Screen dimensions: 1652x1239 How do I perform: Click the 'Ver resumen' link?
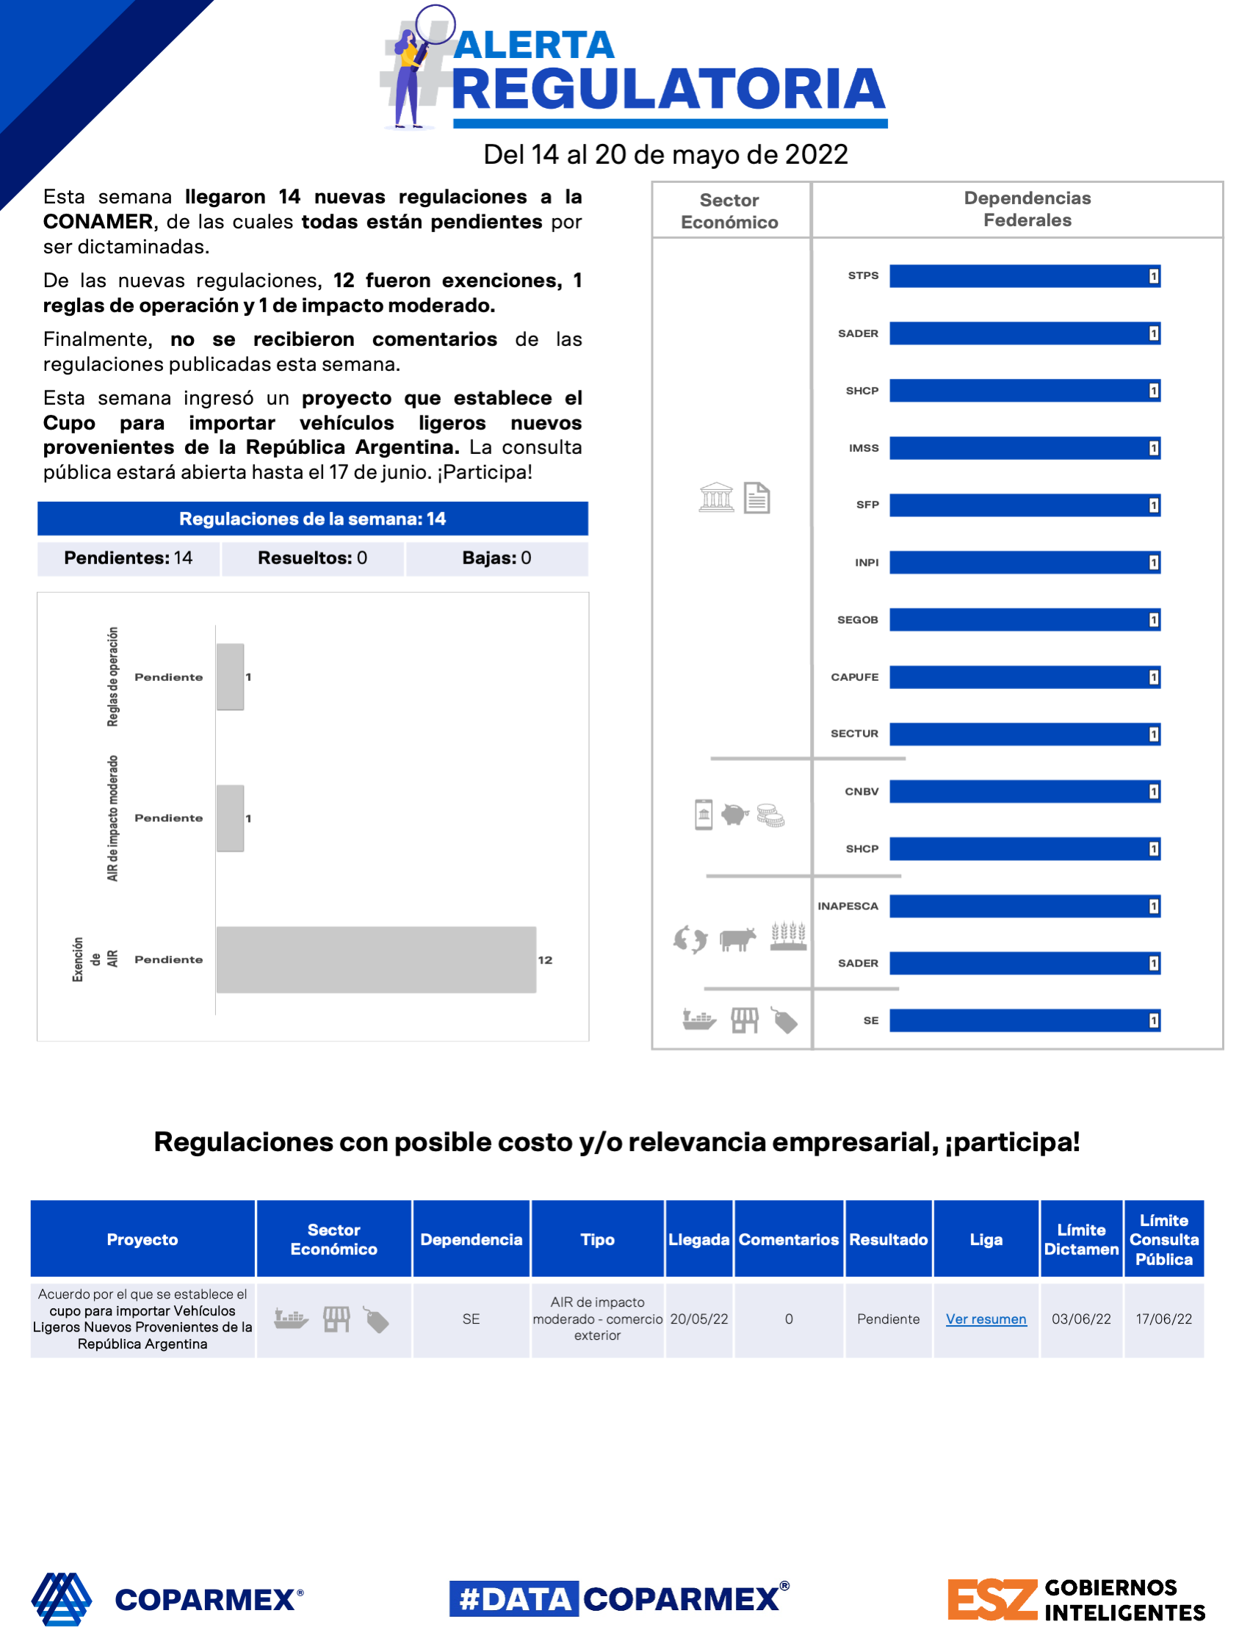pyautogui.click(x=986, y=1319)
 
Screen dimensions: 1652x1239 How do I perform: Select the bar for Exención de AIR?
pyautogui.click(x=375, y=959)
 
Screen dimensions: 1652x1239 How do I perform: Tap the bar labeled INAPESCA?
pyautogui.click(x=1024, y=906)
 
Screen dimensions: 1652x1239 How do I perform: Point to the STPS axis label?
pyautogui.click(x=864, y=275)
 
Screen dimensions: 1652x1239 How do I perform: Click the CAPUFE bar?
pyautogui.click(x=1024, y=677)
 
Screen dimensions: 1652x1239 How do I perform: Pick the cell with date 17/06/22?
pyautogui.click(x=1163, y=1319)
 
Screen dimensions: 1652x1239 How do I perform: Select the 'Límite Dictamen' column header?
pyautogui.click(x=1080, y=1240)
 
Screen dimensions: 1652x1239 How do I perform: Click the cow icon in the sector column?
pyautogui.click(x=737, y=939)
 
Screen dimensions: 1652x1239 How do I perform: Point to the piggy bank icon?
pyautogui.click(x=735, y=814)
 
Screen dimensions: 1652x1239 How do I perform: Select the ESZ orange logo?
pyautogui.click(x=991, y=1599)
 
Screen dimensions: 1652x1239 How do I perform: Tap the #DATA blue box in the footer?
pyautogui.click(x=514, y=1599)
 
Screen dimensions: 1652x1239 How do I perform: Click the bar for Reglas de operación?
pyautogui.click(x=230, y=677)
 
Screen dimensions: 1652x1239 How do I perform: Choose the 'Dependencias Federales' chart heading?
pyautogui.click(x=1027, y=209)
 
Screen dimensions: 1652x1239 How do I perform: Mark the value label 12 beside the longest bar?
pyautogui.click(x=545, y=961)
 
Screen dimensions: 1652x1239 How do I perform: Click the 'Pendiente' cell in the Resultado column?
pyautogui.click(x=888, y=1319)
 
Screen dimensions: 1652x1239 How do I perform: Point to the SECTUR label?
pyautogui.click(x=854, y=734)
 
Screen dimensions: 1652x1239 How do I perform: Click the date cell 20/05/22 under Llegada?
pyautogui.click(x=699, y=1319)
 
